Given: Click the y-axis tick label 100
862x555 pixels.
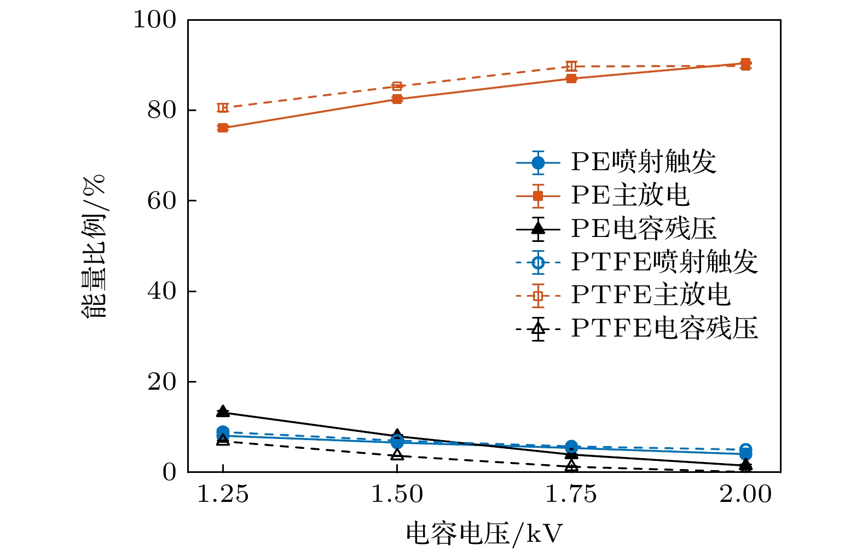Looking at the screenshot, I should (x=155, y=20).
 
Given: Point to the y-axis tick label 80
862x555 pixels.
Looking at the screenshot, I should (x=162, y=110).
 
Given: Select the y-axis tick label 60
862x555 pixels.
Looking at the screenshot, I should (x=162, y=201).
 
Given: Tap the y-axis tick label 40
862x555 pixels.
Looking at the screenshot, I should (x=162, y=291).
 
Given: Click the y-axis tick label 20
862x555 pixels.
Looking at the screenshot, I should (x=162, y=381).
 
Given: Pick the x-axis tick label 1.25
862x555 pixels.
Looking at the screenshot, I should (x=222, y=495).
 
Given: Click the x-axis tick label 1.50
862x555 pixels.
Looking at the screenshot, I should (x=397, y=495).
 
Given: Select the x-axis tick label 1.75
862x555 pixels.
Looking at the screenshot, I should (x=571, y=495).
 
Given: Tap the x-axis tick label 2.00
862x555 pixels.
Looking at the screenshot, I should (x=745, y=495).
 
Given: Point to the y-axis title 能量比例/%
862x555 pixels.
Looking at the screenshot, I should (x=94, y=246).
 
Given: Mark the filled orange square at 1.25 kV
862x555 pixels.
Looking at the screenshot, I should (x=223, y=128).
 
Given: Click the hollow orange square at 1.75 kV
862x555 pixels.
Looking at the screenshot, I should (x=571, y=66).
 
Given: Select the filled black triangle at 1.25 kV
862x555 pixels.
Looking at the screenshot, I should (x=223, y=411).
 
